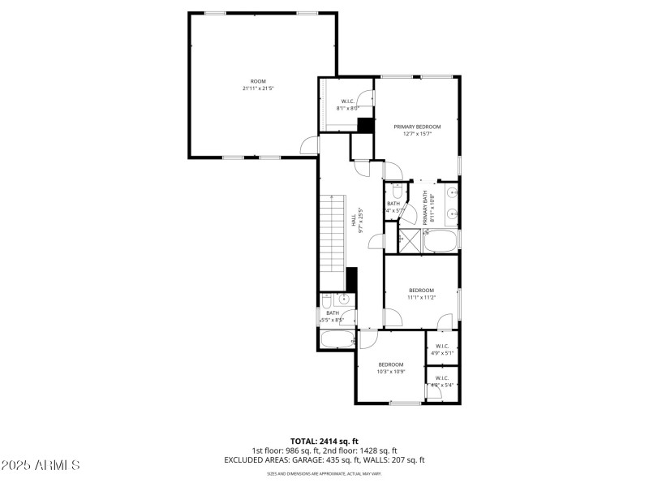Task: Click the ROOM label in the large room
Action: (x=258, y=81)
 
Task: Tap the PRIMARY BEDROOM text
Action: (x=417, y=127)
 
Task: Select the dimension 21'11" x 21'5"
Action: (x=258, y=88)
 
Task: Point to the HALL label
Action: (x=354, y=220)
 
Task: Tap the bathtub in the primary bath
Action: (x=441, y=239)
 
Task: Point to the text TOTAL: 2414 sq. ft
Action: (x=324, y=441)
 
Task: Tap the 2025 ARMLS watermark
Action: (x=41, y=465)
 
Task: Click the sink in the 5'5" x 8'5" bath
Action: (x=344, y=300)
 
